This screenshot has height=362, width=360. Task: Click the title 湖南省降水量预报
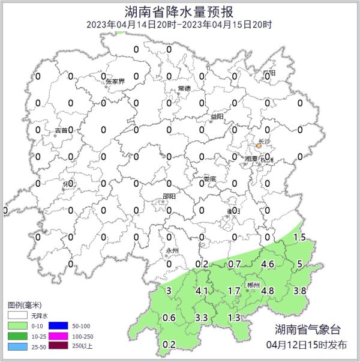pyautogui.click(x=179, y=11)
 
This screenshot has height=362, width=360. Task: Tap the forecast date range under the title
pyautogui.click(x=179, y=25)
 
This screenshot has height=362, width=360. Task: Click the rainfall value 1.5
pyautogui.click(x=299, y=238)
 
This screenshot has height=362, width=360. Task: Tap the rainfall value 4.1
pyautogui.click(x=202, y=291)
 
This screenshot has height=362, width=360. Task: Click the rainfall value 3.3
pyautogui.click(x=202, y=317)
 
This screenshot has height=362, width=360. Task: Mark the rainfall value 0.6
pyautogui.click(x=169, y=318)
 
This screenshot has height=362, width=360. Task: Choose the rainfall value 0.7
pyautogui.click(x=235, y=264)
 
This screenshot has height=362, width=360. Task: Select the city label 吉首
pyautogui.click(x=61, y=130)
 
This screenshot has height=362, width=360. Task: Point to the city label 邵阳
pyautogui.click(x=169, y=196)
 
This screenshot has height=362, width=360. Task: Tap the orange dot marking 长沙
pyautogui.click(x=259, y=145)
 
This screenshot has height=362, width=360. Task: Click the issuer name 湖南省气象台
pyautogui.click(x=307, y=329)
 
